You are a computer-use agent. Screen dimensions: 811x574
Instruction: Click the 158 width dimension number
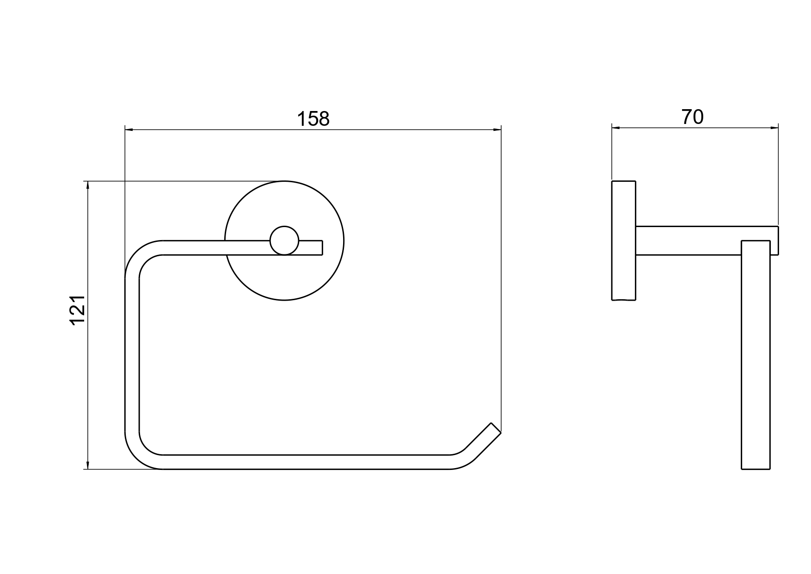[x=313, y=119]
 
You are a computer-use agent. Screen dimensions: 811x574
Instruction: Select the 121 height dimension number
[x=78, y=309]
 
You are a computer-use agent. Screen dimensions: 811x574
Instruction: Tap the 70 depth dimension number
[x=692, y=117]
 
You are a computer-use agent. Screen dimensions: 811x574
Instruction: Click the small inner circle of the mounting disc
[x=284, y=241]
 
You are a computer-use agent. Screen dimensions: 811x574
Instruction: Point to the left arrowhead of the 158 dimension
[x=129, y=130]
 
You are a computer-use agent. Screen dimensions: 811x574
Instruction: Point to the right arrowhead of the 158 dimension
[x=498, y=130]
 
